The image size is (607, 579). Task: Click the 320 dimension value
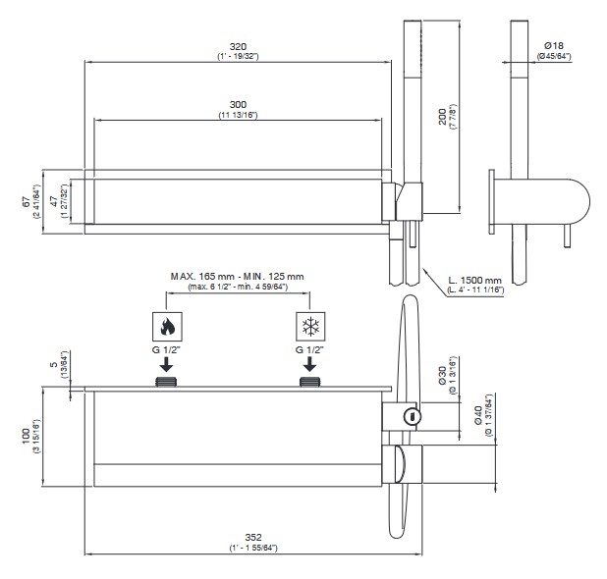click(237, 46)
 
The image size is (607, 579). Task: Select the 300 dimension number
click(237, 105)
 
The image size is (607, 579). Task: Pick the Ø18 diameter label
click(553, 45)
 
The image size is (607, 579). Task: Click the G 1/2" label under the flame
click(166, 349)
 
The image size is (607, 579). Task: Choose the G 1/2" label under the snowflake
click(310, 349)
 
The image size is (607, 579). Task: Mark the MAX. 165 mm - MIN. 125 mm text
click(238, 277)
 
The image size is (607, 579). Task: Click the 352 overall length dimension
click(252, 537)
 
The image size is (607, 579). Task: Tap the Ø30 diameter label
click(443, 376)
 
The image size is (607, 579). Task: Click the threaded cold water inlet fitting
click(310, 381)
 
